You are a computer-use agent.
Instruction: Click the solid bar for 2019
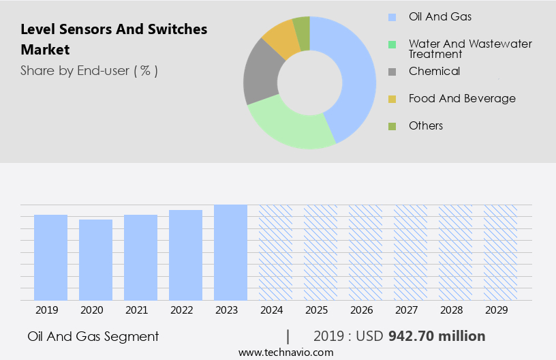50,257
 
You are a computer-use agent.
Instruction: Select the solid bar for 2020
95,260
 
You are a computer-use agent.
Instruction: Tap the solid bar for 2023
230,252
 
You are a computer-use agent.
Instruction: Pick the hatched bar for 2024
275,252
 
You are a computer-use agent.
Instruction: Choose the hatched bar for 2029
500,252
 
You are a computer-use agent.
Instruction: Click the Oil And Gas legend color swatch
392,17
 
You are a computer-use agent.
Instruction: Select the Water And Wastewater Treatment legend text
470,48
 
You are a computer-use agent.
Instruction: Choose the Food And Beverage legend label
462,98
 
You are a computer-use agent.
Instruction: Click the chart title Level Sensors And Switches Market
114,40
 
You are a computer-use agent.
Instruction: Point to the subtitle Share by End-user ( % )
89,70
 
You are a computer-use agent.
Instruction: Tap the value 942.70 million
437,336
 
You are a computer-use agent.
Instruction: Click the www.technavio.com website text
286,352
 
